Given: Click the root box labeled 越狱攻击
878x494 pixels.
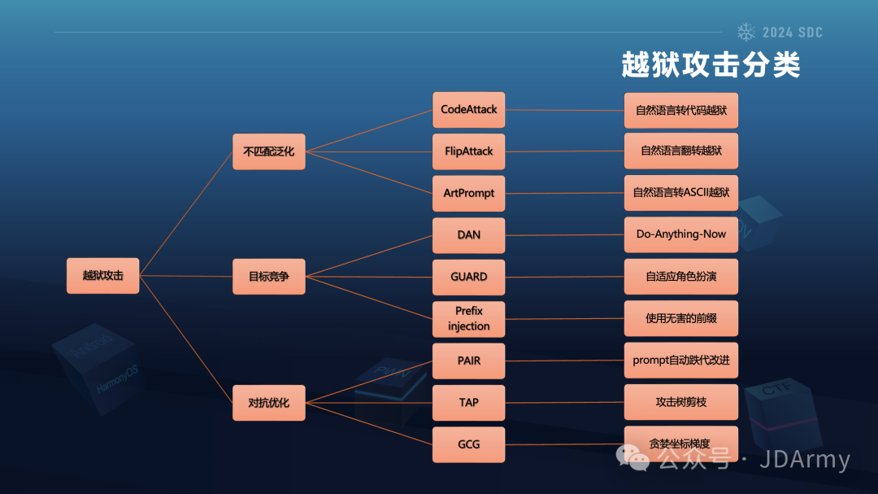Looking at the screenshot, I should [102, 276].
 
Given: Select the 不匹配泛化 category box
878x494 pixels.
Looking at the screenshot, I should [268, 151].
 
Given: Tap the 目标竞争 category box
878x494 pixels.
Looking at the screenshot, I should [268, 276].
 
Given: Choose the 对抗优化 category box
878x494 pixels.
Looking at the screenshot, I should [268, 402].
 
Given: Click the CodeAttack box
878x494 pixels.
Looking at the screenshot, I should [468, 109].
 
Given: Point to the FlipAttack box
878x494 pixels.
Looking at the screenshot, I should [468, 151].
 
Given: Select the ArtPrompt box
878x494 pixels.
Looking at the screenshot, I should [468, 194].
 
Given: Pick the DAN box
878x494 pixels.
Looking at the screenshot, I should [468, 234].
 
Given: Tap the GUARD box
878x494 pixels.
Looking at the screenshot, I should [468, 277].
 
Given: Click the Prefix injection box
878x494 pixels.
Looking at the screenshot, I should [468, 318].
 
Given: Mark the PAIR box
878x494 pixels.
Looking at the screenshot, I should [468, 361].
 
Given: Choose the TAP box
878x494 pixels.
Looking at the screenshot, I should [468, 402].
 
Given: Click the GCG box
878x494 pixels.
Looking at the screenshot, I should [468, 444].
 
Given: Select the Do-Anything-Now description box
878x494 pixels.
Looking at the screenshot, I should [680, 234].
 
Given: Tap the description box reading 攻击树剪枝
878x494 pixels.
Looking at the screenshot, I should [680, 402].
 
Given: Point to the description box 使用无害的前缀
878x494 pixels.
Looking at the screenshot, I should [680, 318].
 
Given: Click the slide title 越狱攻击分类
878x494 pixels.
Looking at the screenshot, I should [711, 65].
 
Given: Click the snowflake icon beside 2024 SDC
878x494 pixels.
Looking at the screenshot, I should [745, 33].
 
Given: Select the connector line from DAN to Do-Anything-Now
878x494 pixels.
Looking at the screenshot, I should [564, 235].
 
